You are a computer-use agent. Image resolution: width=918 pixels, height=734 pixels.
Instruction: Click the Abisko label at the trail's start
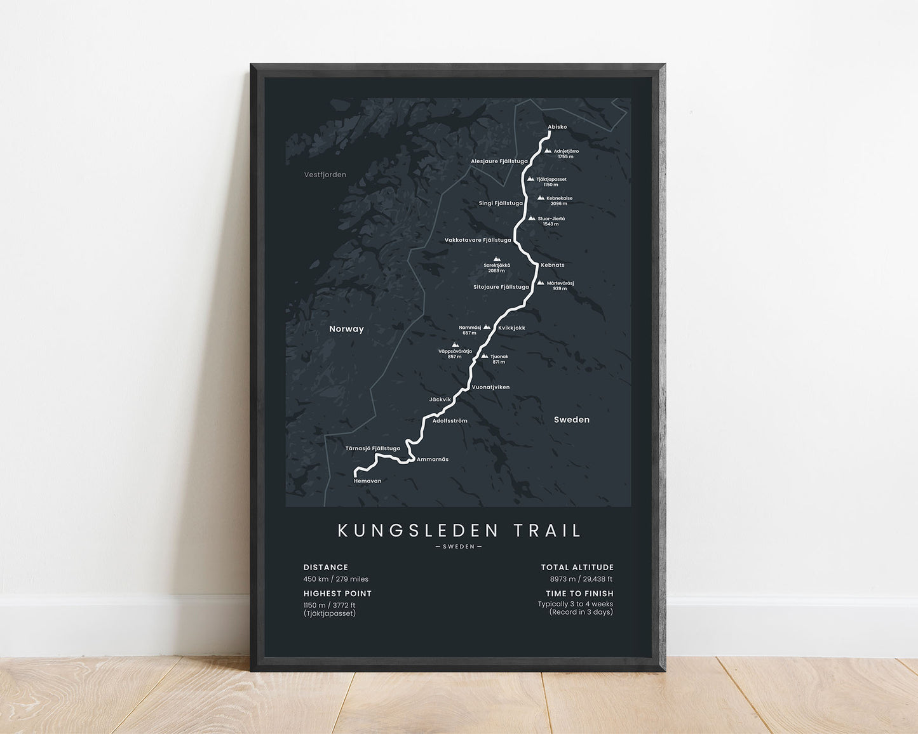[557, 127]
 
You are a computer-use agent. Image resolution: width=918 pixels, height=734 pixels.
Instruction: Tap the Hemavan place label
[367, 481]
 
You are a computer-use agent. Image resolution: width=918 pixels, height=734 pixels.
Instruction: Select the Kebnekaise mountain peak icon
[541, 198]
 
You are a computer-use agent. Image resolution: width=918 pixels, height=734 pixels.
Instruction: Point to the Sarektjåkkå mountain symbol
[497, 259]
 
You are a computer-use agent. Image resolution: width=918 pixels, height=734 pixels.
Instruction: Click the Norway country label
[346, 329]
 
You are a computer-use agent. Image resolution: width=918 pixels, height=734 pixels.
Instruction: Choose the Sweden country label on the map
[571, 420]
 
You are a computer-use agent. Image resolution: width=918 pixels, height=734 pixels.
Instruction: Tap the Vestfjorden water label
[325, 175]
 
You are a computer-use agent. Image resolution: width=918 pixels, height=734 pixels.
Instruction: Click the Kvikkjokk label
[511, 328]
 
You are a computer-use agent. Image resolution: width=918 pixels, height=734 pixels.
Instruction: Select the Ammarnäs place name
[432, 459]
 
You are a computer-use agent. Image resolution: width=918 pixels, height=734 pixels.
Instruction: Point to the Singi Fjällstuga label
[501, 203]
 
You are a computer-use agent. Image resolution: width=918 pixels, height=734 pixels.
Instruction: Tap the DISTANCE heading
[325, 568]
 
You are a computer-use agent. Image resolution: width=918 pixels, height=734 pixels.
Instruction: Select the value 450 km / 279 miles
[335, 579]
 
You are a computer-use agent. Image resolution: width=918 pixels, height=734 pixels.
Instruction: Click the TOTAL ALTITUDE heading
[577, 568]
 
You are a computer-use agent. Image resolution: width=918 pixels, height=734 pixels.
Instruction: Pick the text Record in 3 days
[581, 612]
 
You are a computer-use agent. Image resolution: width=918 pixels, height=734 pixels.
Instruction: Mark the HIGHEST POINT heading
[337, 594]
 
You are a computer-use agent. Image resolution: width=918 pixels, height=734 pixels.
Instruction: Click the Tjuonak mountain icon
[485, 356]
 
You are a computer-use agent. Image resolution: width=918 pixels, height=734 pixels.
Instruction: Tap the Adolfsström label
[450, 421]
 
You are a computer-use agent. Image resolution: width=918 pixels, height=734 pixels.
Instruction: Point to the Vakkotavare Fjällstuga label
[478, 240]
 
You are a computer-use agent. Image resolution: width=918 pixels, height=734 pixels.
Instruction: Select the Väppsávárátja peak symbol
[455, 345]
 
